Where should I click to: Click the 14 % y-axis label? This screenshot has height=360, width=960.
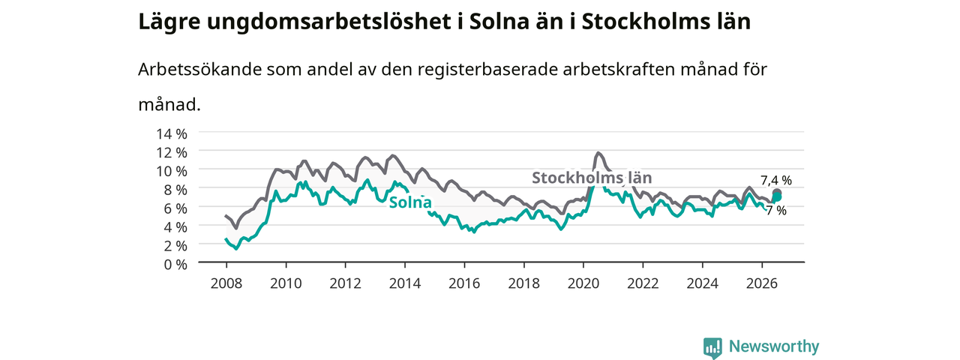(x=172, y=134)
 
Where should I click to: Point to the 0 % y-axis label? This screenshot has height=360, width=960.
(x=175, y=265)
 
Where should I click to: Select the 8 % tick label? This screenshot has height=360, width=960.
(x=175, y=190)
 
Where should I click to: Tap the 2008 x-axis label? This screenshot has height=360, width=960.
(x=226, y=283)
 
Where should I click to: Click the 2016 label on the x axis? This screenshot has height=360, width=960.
(x=464, y=283)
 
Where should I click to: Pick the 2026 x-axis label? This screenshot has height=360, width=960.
(x=761, y=283)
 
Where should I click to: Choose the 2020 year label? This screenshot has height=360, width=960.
(x=583, y=283)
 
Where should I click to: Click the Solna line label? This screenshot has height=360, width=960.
(x=410, y=202)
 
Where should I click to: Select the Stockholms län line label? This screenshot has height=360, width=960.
(x=592, y=178)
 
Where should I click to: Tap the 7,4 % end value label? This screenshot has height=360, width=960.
(x=776, y=181)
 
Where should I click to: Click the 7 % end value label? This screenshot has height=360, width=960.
(x=776, y=211)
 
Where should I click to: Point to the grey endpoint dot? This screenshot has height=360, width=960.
(x=776, y=193)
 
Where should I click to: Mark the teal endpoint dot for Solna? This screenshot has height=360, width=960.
(x=776, y=196)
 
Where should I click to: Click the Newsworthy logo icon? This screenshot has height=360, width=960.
(x=712, y=347)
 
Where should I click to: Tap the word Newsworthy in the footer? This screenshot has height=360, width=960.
(x=774, y=346)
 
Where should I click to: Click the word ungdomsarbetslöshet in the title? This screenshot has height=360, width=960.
(x=328, y=22)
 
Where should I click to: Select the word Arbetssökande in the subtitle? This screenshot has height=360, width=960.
(x=199, y=70)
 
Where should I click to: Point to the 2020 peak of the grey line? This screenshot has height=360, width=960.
(x=598, y=153)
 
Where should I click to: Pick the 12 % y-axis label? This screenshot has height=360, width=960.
(x=172, y=152)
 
